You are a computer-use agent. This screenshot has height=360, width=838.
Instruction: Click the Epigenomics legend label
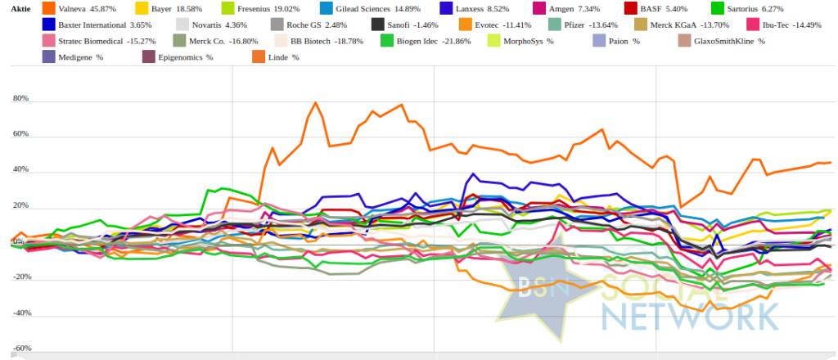click(185, 57)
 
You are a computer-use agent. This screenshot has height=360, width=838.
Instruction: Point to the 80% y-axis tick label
click(20, 99)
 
